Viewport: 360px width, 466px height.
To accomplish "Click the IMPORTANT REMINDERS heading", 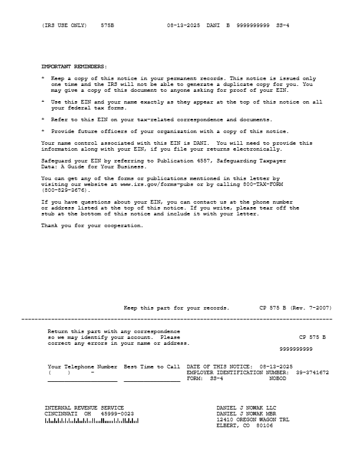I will click(x=74, y=66).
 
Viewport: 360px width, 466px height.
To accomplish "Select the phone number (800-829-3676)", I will click(x=66, y=190).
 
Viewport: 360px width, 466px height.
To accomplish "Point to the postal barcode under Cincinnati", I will click(x=92, y=421).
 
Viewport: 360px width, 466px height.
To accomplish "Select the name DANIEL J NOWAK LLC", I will click(x=246, y=408).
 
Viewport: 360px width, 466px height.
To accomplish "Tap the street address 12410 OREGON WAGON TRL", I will click(x=253, y=420).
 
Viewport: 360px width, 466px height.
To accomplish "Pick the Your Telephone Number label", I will click(x=82, y=367).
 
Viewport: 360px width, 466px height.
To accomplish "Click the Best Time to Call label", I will click(x=152, y=367).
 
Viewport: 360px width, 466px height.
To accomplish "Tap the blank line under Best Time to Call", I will click(x=152, y=381).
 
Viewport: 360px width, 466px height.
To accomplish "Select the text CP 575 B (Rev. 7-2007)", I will click(x=295, y=308).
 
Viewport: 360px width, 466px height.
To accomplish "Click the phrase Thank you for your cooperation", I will click(x=92, y=225).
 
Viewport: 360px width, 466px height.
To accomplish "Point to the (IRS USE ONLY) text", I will click(x=64, y=26).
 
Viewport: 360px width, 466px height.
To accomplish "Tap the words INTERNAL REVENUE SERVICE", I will click(x=84, y=408).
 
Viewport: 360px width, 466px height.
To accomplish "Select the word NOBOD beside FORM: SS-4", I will click(x=278, y=378).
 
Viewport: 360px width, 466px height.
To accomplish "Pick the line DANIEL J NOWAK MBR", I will click(x=246, y=414).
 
